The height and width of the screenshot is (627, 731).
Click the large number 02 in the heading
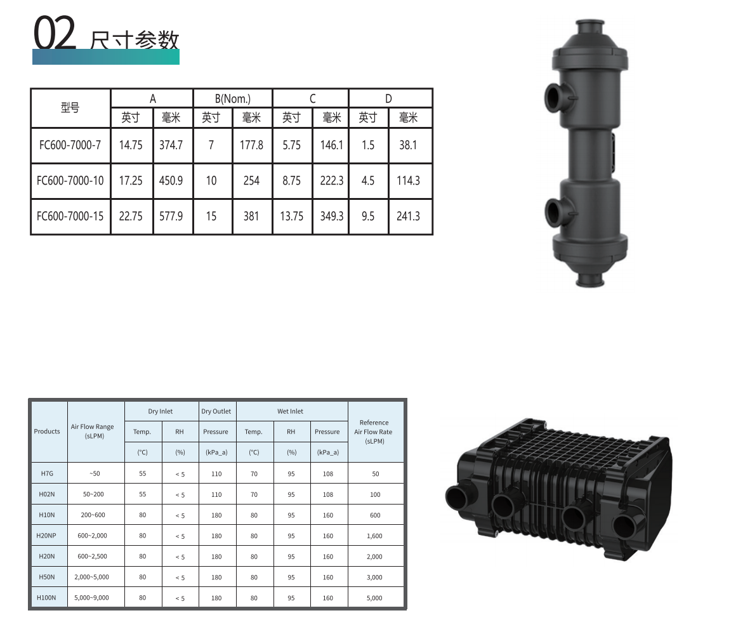tap(55, 32)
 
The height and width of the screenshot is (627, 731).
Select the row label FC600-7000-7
tap(70, 145)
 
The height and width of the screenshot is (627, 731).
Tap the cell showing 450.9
tap(171, 180)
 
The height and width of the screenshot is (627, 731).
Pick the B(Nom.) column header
tap(233, 98)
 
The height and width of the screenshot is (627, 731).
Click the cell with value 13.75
tap(291, 216)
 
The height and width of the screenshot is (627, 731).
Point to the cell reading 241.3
tap(408, 216)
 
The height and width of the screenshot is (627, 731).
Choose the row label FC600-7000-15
tap(70, 216)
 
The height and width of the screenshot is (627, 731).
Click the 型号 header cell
tap(70, 108)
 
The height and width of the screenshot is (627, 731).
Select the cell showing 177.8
tap(251, 145)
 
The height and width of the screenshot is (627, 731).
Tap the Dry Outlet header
tap(216, 411)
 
